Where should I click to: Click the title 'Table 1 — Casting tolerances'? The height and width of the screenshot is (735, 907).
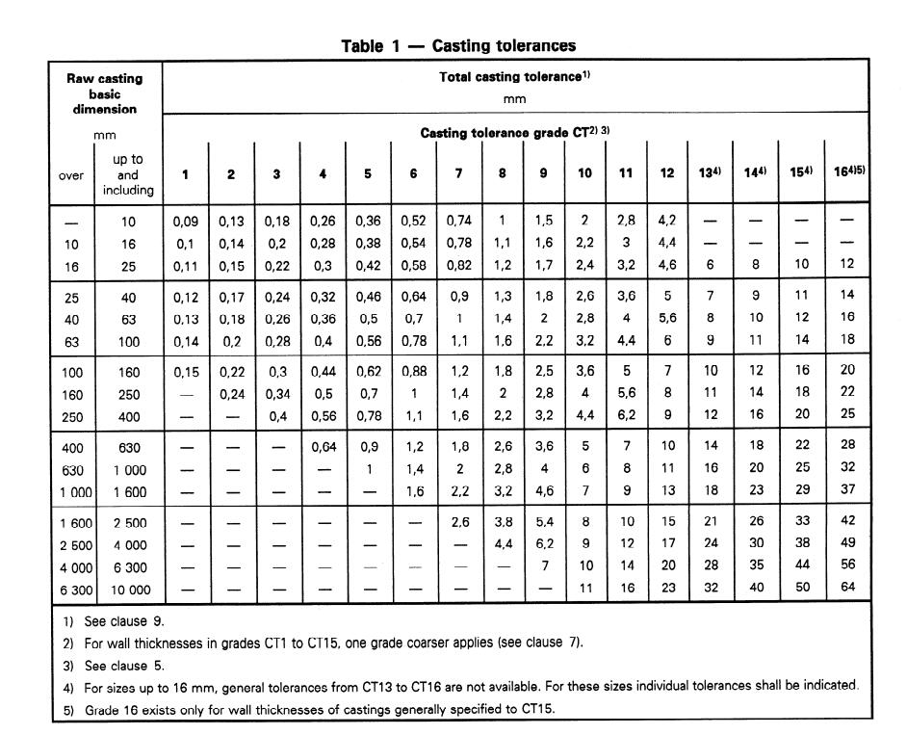tap(458, 46)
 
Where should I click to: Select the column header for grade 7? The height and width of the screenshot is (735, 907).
tap(459, 173)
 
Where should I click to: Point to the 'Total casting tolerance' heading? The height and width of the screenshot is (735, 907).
tap(514, 77)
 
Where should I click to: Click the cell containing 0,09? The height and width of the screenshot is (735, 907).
tap(185, 222)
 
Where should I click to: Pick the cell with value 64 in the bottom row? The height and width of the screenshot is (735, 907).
tap(847, 588)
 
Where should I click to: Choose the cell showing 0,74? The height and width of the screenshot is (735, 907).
tap(459, 222)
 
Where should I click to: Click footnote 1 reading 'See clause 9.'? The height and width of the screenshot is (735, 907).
tap(117, 622)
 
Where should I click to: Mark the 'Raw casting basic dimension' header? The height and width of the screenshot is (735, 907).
tap(104, 93)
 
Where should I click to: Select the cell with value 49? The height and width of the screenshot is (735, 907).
tap(847, 543)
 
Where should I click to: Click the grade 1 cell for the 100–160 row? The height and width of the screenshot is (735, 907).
tap(185, 372)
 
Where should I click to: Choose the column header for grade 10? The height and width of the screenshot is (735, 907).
tap(584, 173)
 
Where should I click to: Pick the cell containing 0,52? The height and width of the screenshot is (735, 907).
tap(414, 222)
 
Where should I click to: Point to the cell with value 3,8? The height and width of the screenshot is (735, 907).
tap(502, 521)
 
